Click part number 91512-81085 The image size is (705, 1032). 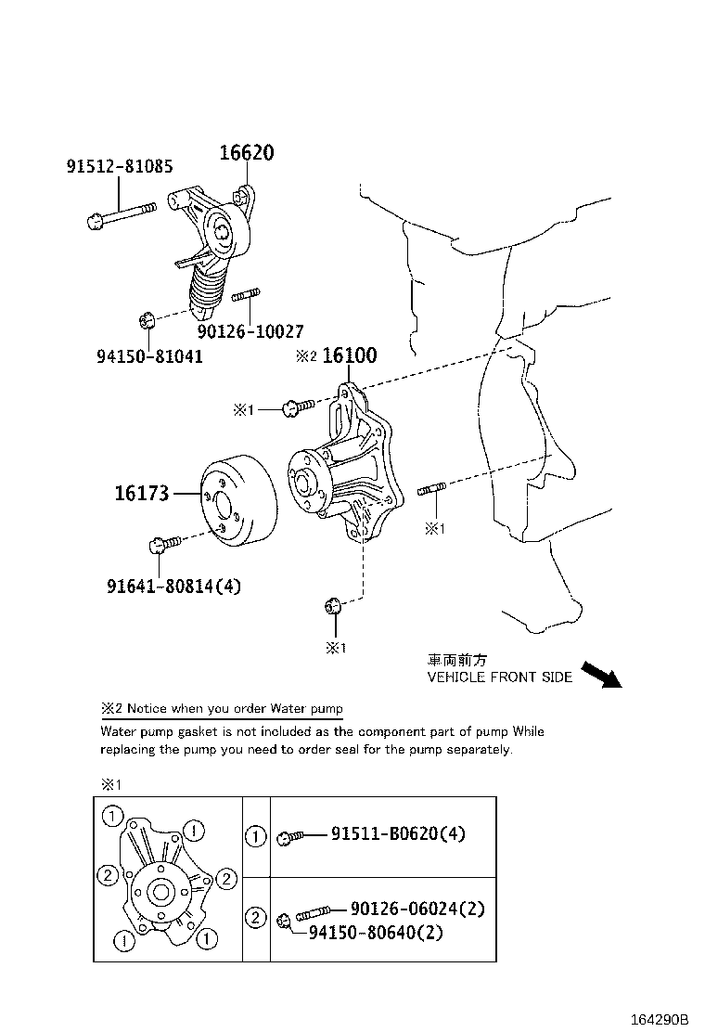120,167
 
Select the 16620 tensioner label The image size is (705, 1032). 246,153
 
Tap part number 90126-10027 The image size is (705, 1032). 250,330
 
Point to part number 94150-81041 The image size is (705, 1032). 149,355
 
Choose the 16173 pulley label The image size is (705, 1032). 142,493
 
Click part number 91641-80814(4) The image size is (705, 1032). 174,586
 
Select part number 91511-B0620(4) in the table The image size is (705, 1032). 398,833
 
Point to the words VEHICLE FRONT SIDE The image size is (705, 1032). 499,677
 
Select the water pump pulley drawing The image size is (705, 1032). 236,502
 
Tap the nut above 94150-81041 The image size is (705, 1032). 145,321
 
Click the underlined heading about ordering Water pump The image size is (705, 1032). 222,708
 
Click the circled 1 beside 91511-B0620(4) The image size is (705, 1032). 255,836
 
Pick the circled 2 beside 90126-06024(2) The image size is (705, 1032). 255,918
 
